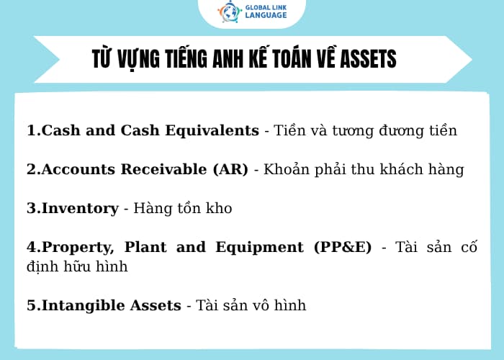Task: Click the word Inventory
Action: [80, 208]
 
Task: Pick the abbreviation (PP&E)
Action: [343, 247]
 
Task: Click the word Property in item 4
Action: [78, 247]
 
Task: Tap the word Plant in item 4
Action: [146, 247]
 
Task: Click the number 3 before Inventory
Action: [31, 208]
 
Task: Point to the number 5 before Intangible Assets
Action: [31, 305]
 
